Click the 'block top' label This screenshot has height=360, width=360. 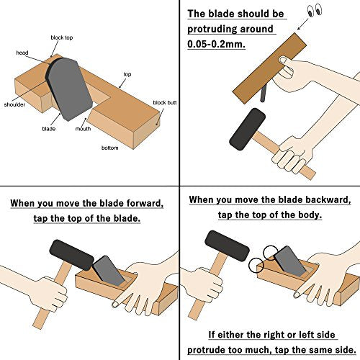point(61,37)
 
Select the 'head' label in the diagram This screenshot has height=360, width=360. point(22,53)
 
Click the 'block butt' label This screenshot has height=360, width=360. point(163,103)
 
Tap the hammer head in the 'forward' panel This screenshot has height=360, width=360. point(70,253)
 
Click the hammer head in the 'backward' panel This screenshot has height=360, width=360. point(227,246)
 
